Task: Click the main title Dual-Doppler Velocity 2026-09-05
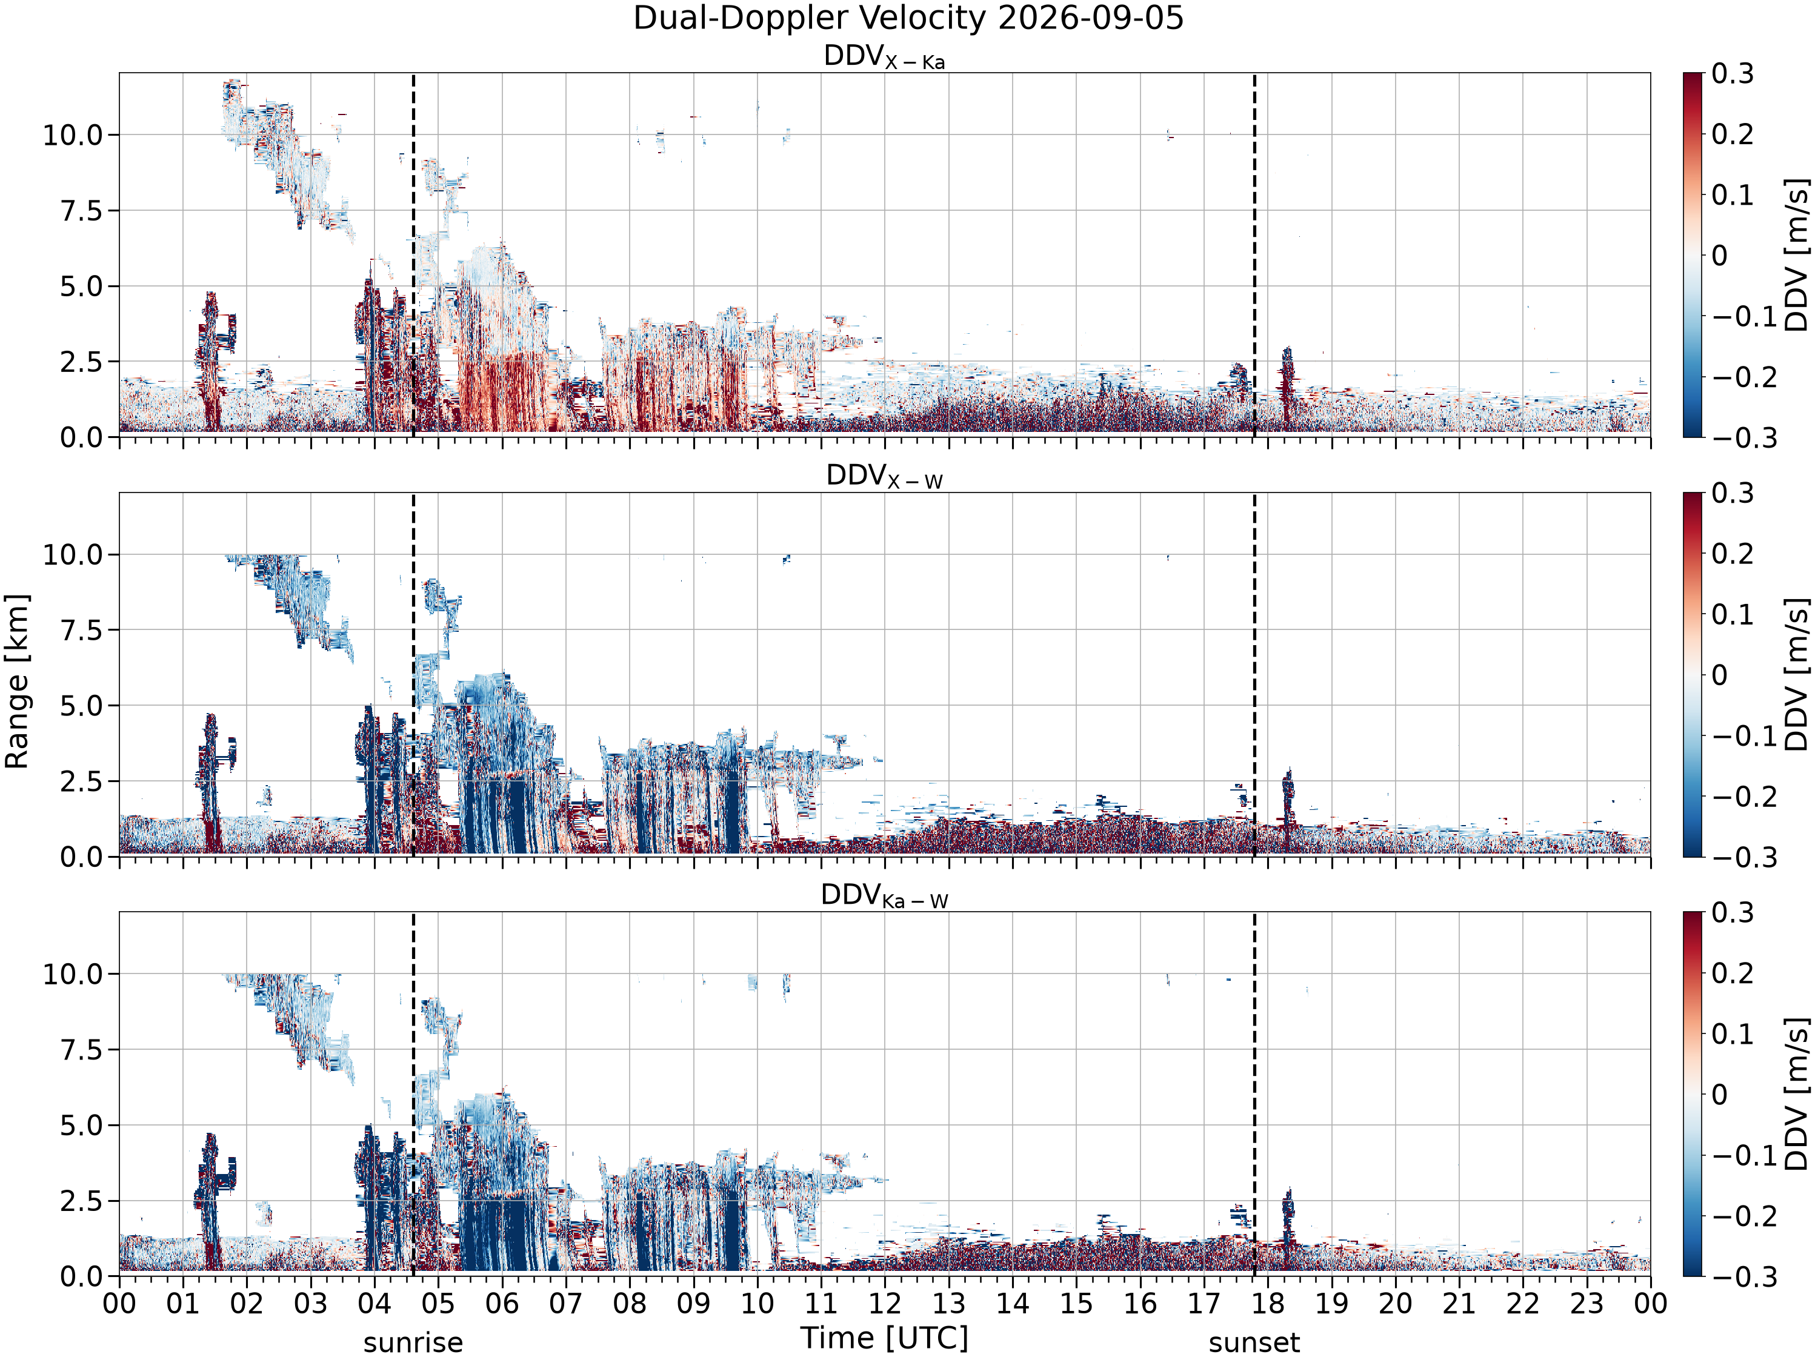908,18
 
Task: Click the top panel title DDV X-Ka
884,57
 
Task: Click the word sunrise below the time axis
413,1343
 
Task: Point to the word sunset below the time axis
1254,1343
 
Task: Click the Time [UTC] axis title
884,1338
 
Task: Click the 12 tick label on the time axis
885,1303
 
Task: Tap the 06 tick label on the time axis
502,1303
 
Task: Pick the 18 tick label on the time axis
1268,1303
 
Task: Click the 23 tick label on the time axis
1587,1303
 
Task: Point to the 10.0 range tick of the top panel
73,134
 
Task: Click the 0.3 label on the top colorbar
1733,74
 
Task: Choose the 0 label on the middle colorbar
1719,675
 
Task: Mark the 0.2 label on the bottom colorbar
1733,973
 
